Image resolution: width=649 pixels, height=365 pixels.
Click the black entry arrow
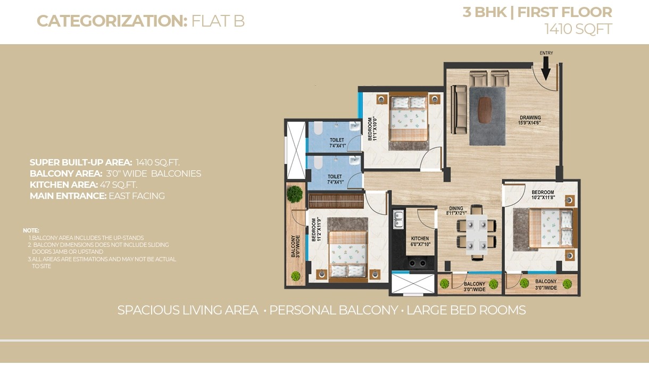[x=546, y=68]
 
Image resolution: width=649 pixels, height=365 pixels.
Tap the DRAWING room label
[x=530, y=118]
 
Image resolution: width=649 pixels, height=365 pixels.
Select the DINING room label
[x=456, y=208]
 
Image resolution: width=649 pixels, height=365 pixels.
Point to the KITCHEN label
[x=420, y=238]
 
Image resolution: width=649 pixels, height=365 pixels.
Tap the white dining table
[x=477, y=235]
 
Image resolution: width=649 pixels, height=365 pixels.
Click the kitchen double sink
[x=398, y=219]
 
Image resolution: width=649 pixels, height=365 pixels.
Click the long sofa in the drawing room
[x=459, y=110]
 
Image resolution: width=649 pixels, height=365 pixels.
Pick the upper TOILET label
[x=337, y=140]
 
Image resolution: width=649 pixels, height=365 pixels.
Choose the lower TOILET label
[x=335, y=177]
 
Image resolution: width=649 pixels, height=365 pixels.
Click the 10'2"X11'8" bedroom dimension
[x=543, y=197]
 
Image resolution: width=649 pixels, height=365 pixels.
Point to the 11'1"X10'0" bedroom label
[x=372, y=129]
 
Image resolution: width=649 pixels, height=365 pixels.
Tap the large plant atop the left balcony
[x=295, y=194]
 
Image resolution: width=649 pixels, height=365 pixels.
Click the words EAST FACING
[x=137, y=196]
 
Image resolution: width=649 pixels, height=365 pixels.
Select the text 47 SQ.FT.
[x=119, y=185]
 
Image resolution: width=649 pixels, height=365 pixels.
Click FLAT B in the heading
[x=218, y=21]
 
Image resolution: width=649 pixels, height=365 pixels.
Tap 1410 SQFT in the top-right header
[x=578, y=29]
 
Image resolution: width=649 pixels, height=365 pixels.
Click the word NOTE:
[x=31, y=230]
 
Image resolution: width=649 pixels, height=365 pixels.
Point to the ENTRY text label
[x=546, y=53]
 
